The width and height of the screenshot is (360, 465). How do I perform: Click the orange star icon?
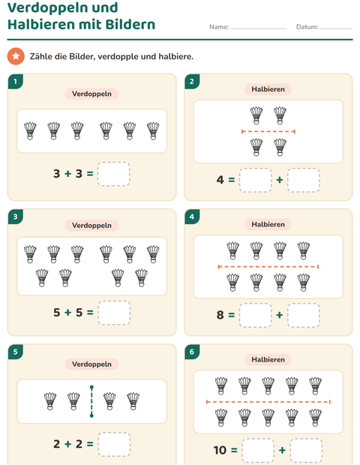16,56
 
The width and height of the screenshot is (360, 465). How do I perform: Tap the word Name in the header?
218,27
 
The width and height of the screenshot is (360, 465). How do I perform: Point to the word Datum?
307,27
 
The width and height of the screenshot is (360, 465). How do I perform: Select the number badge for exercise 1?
16,81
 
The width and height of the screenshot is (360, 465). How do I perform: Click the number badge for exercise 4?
192,217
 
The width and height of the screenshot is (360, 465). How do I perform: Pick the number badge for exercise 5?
16,352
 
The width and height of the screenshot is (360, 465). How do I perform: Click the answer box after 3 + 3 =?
113,174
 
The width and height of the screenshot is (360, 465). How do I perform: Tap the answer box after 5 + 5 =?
114,313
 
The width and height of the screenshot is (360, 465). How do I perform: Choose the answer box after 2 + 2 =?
114,444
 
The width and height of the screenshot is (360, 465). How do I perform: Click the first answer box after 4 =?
256,180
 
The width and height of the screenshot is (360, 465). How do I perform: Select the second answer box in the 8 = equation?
304,315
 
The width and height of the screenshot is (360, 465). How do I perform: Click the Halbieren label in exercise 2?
268,89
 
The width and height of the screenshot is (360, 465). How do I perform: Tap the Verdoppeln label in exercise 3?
91,226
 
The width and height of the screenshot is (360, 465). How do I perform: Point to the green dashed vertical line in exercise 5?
91,401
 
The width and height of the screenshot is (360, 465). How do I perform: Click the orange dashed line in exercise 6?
268,402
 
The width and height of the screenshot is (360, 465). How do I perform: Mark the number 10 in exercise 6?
220,450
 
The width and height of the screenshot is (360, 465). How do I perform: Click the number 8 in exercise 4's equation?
220,315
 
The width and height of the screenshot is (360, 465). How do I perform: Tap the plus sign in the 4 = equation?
279,180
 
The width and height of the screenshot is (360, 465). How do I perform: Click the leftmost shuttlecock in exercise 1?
30,130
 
